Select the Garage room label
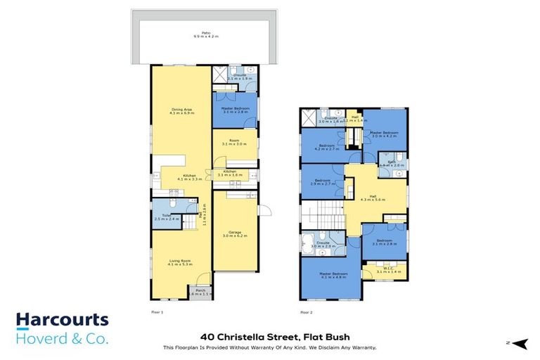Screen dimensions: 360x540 235,234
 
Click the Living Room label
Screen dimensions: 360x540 181,263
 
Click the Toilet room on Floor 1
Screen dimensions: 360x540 167,217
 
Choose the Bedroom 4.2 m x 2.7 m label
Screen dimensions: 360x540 326,148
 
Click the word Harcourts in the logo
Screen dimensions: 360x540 63,321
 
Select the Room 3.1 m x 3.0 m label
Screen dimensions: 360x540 235,143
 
